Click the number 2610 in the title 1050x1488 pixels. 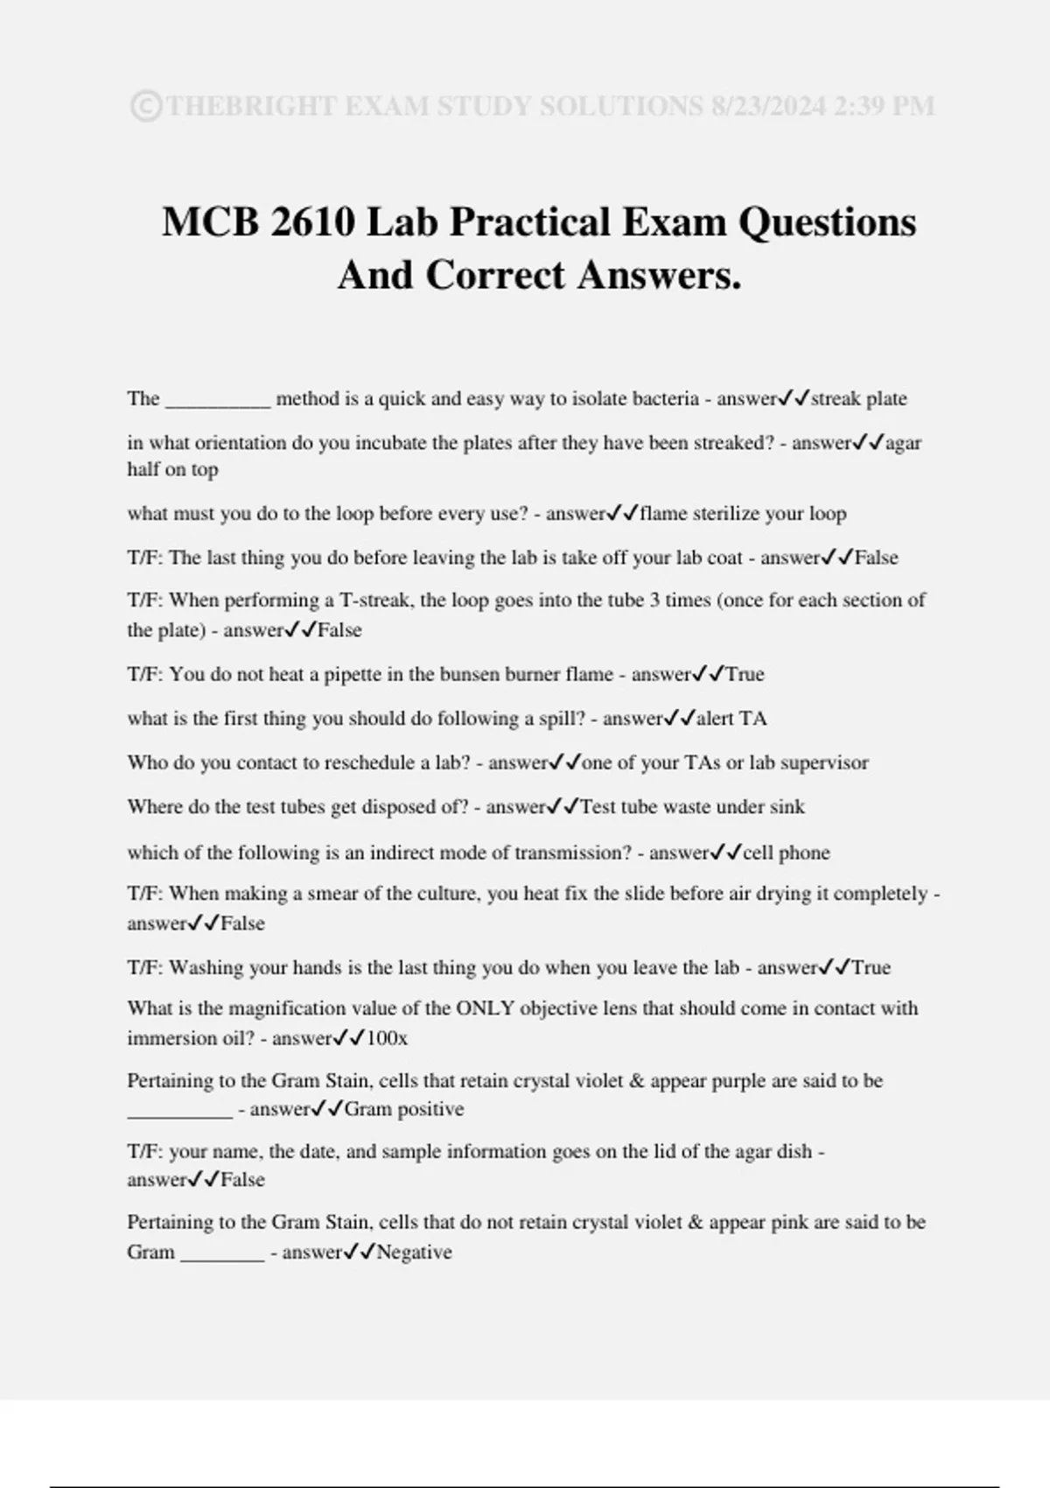pyautogui.click(x=312, y=221)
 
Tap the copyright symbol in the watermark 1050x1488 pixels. pyautogui.click(x=145, y=106)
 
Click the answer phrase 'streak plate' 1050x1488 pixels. pyautogui.click(x=858, y=399)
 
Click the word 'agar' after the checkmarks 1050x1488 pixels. pyautogui.click(x=903, y=443)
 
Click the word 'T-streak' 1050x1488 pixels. pyautogui.click(x=378, y=600)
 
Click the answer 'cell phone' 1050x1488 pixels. pyautogui.click(x=786, y=853)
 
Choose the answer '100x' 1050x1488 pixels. pyautogui.click(x=387, y=1039)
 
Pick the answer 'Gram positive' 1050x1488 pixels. pyautogui.click(x=403, y=1110)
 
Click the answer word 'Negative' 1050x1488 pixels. pyautogui.click(x=414, y=1253)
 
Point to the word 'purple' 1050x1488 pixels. pyautogui.click(x=738, y=1081)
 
